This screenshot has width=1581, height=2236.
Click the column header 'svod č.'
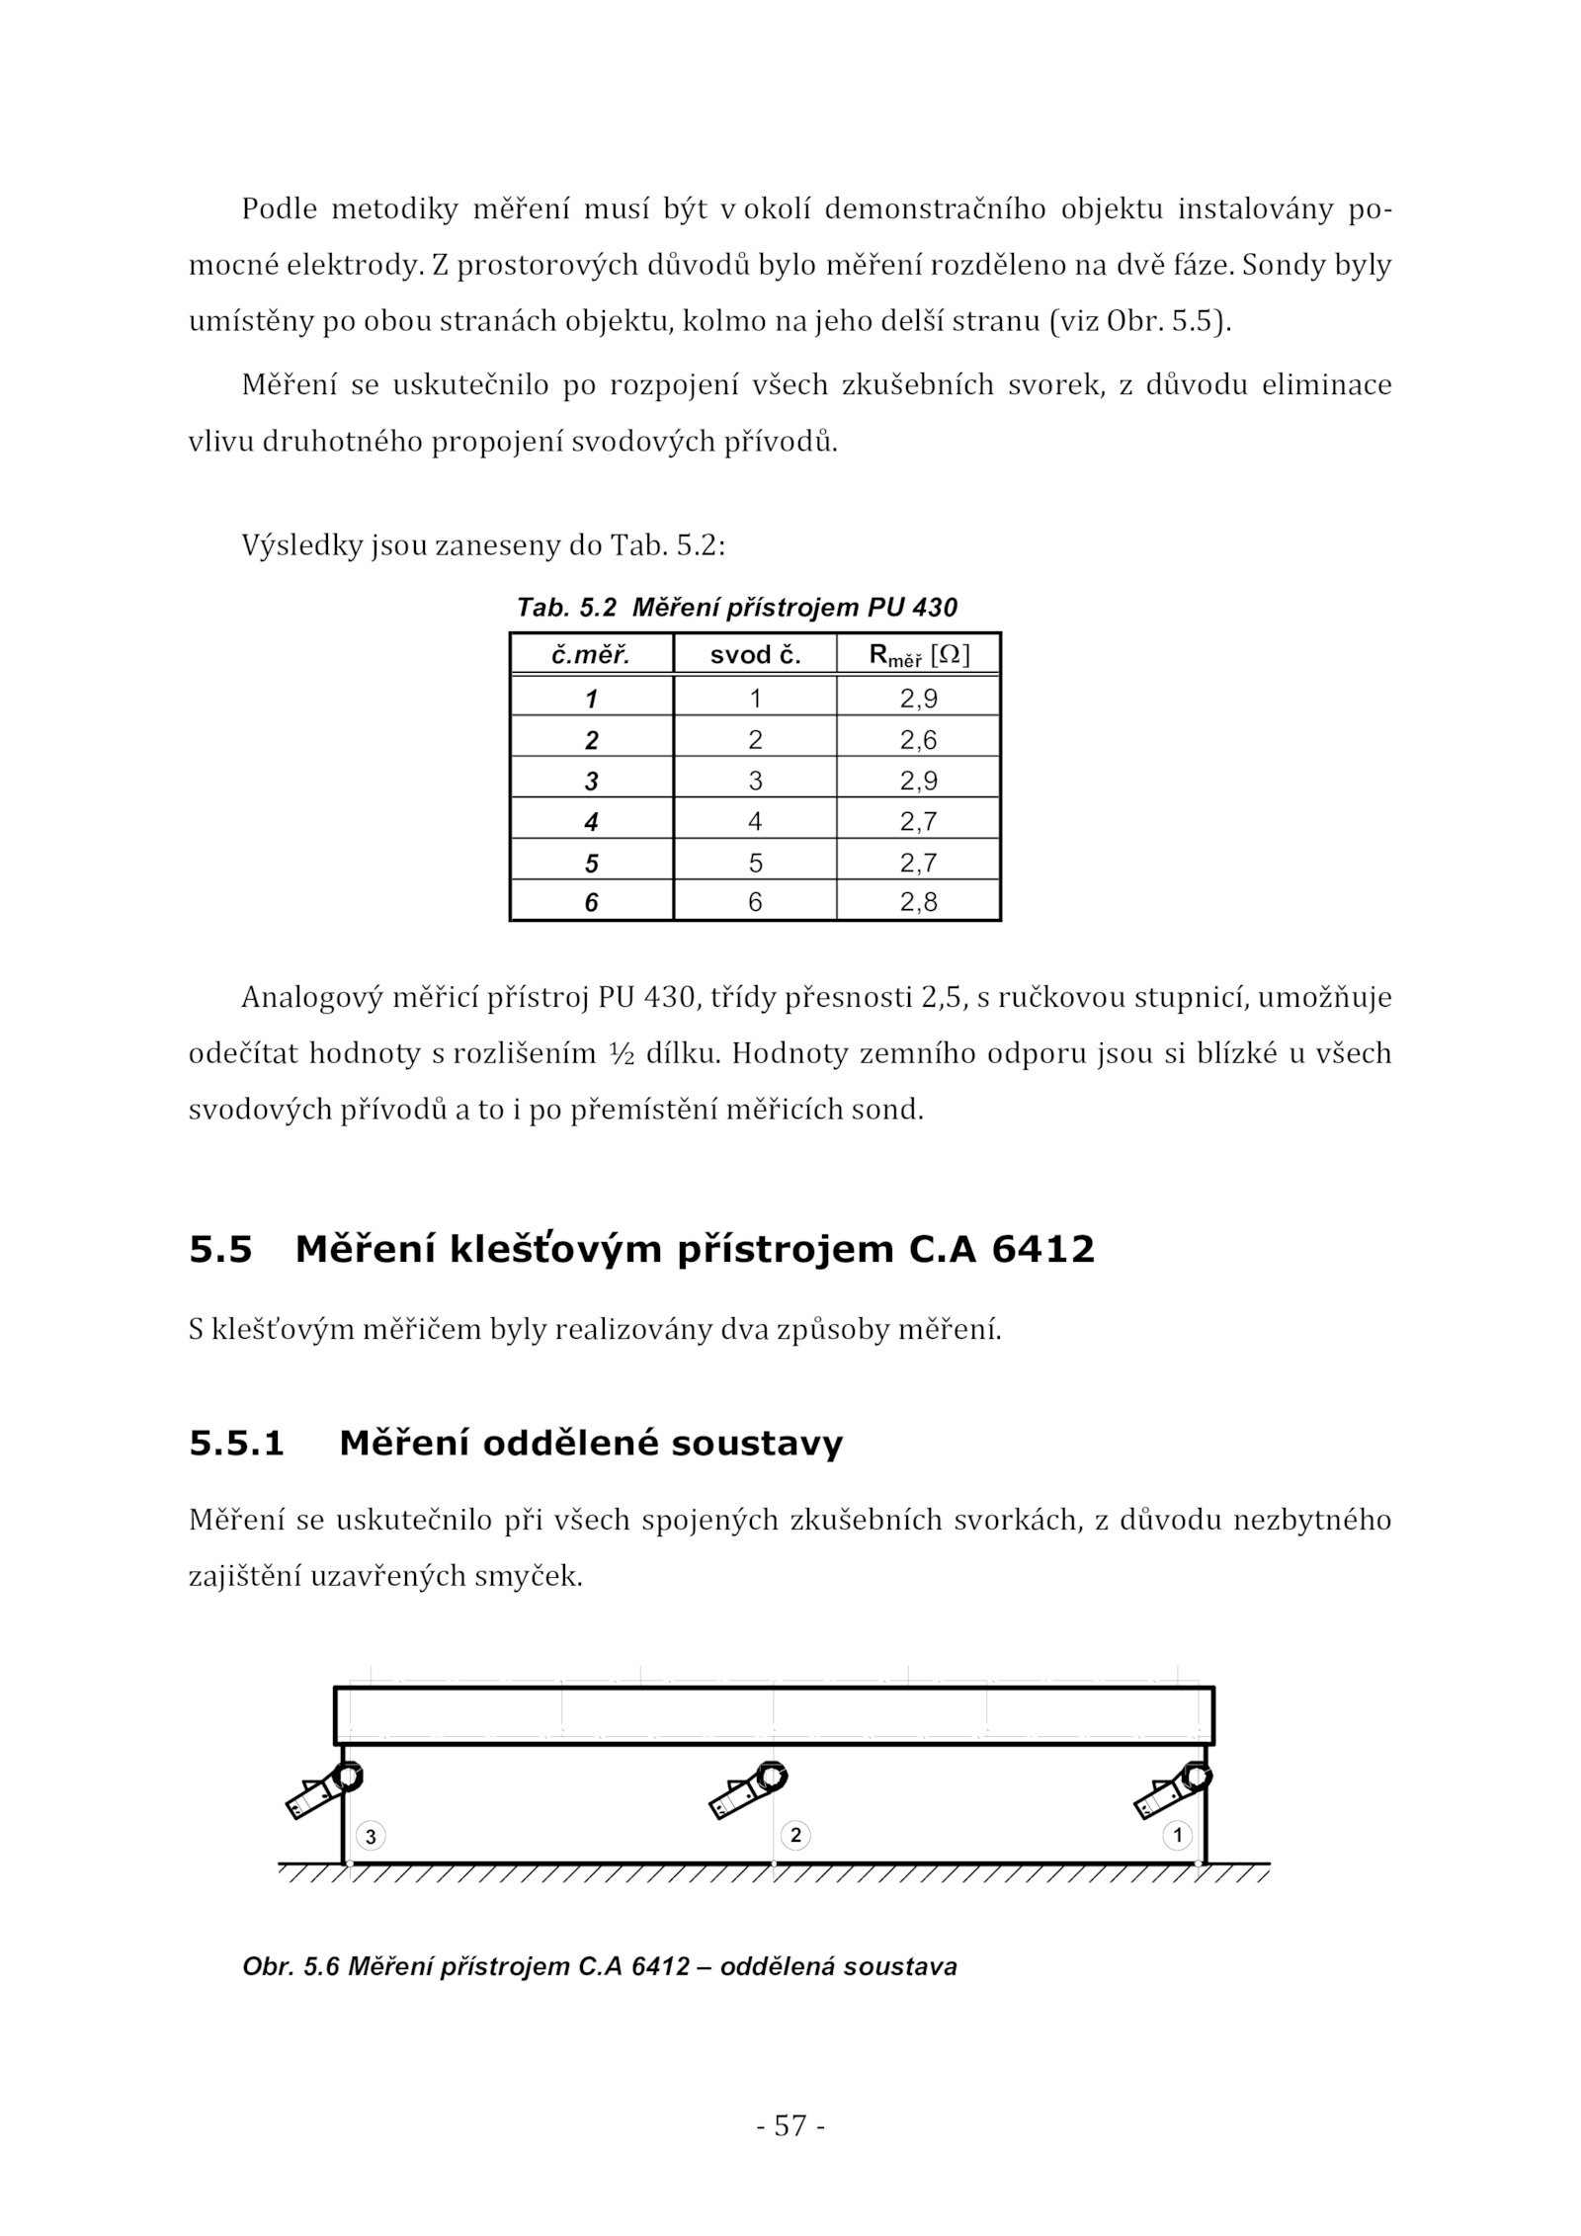755,655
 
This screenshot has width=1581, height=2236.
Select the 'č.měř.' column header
591,655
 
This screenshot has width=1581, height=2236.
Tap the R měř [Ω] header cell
918,655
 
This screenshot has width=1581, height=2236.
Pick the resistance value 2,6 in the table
918,739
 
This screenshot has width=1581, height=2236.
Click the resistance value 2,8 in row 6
918,901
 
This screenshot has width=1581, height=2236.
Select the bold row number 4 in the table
591,821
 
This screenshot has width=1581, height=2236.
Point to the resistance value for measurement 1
918,699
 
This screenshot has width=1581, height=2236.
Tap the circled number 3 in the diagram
371,1837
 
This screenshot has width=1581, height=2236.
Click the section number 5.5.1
236,1444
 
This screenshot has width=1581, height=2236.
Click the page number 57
790,2125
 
